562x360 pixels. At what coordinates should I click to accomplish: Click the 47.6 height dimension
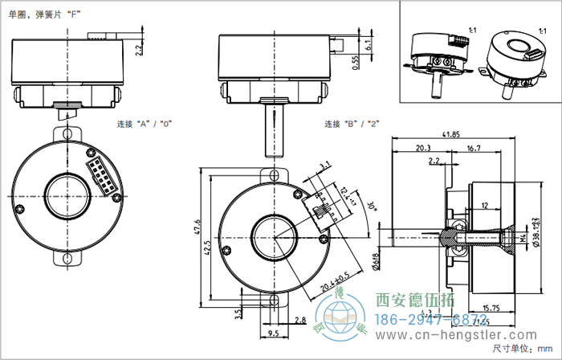pyautogui.click(x=198, y=238)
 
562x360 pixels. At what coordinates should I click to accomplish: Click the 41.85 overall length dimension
pyautogui.click(x=450, y=134)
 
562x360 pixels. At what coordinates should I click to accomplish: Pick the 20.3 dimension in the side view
pyautogui.click(x=422, y=148)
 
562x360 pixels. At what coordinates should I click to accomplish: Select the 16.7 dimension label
pyautogui.click(x=473, y=148)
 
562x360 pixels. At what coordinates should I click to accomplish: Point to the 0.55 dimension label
pyautogui.click(x=356, y=63)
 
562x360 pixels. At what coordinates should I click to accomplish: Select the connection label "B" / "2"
pyautogui.click(x=351, y=125)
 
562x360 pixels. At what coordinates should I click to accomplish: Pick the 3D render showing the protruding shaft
pyautogui.click(x=438, y=57)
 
